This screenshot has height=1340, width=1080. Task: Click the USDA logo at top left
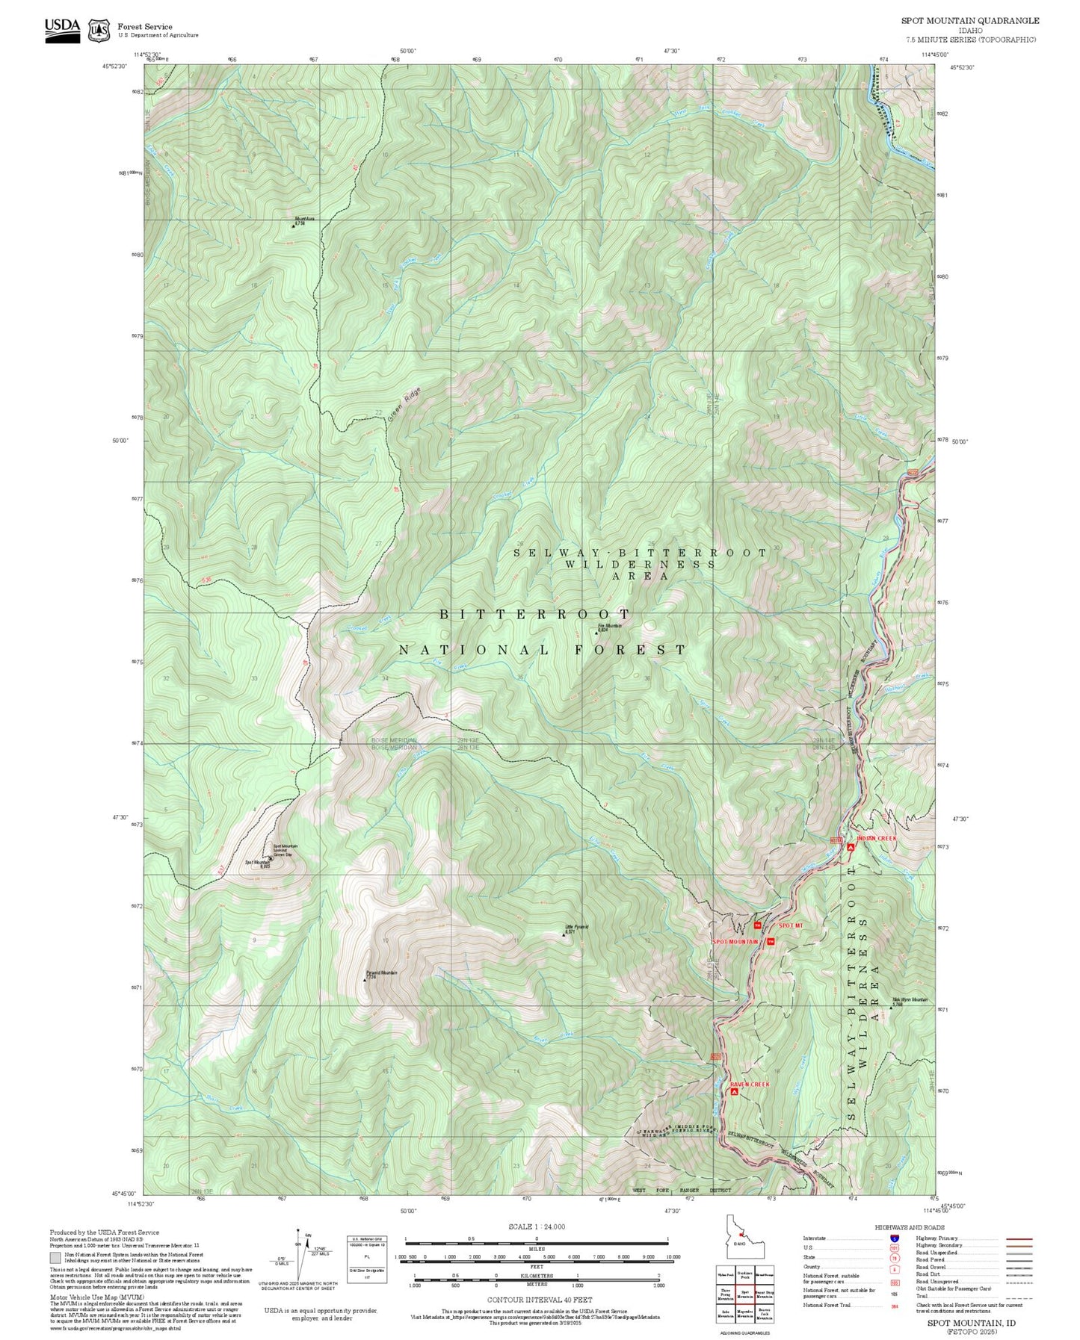(62, 30)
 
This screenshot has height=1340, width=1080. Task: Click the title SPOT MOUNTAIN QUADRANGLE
(969, 20)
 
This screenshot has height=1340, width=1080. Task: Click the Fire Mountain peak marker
(596, 633)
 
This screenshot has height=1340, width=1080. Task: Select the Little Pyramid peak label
(576, 928)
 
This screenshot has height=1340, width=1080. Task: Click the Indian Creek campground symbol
(851, 846)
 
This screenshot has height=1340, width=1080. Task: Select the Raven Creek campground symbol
(735, 1091)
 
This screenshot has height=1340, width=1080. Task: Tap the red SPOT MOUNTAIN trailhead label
(735, 941)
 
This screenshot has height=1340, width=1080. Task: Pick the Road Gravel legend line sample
(1019, 1268)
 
